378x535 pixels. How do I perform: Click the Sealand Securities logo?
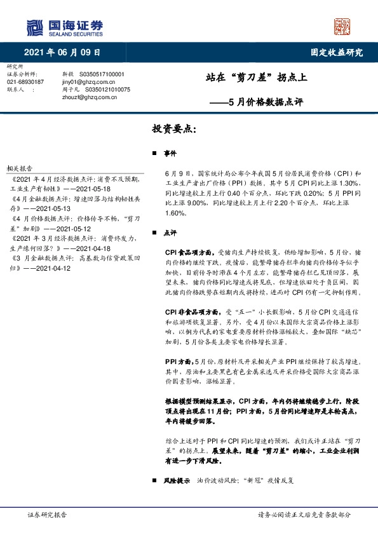point(64,27)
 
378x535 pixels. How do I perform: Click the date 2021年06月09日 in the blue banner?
point(62,52)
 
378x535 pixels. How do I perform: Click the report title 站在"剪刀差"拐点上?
point(257,78)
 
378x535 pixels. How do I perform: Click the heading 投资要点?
point(175,129)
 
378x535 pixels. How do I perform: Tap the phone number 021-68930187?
point(25,82)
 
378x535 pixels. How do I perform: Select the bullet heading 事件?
point(170,154)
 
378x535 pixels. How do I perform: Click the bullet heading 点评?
point(170,233)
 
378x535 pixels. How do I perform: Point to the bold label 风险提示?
point(176,481)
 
